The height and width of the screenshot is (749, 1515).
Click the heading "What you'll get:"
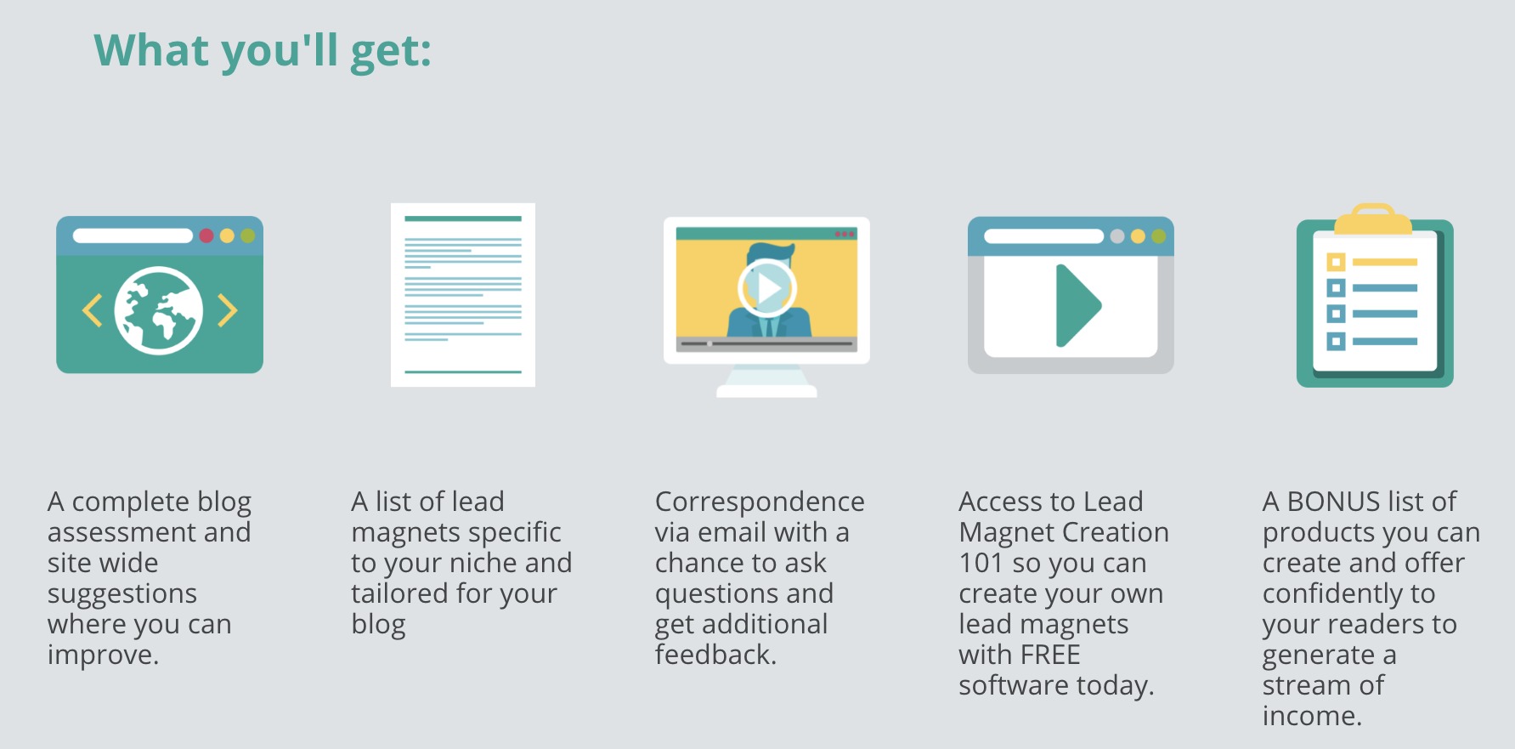click(x=263, y=52)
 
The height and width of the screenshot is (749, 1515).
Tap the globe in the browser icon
click(x=159, y=310)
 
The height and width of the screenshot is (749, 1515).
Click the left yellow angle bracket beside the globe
click(x=92, y=310)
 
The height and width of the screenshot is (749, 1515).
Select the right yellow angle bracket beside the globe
click(x=227, y=310)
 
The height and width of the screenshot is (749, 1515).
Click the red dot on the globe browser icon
click(x=206, y=235)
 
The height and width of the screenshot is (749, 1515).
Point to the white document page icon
click(x=463, y=295)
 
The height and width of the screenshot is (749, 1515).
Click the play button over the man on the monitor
click(x=767, y=288)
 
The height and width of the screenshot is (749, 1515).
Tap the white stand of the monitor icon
click(x=766, y=382)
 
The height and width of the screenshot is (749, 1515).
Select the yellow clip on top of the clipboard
click(x=1373, y=220)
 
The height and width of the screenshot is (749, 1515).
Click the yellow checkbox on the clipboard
click(x=1337, y=262)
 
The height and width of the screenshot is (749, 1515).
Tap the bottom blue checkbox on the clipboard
click(x=1337, y=342)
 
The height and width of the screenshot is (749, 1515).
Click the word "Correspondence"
click(x=760, y=502)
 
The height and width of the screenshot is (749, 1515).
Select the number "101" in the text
click(x=981, y=563)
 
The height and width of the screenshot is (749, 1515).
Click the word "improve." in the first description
click(x=103, y=655)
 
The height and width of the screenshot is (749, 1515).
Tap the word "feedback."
click(x=715, y=655)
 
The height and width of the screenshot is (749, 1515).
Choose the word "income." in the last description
click(x=1312, y=716)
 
